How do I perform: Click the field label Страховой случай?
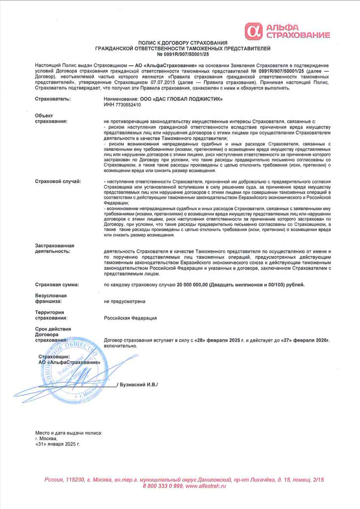click(58, 182)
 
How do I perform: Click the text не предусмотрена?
click(124, 301)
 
